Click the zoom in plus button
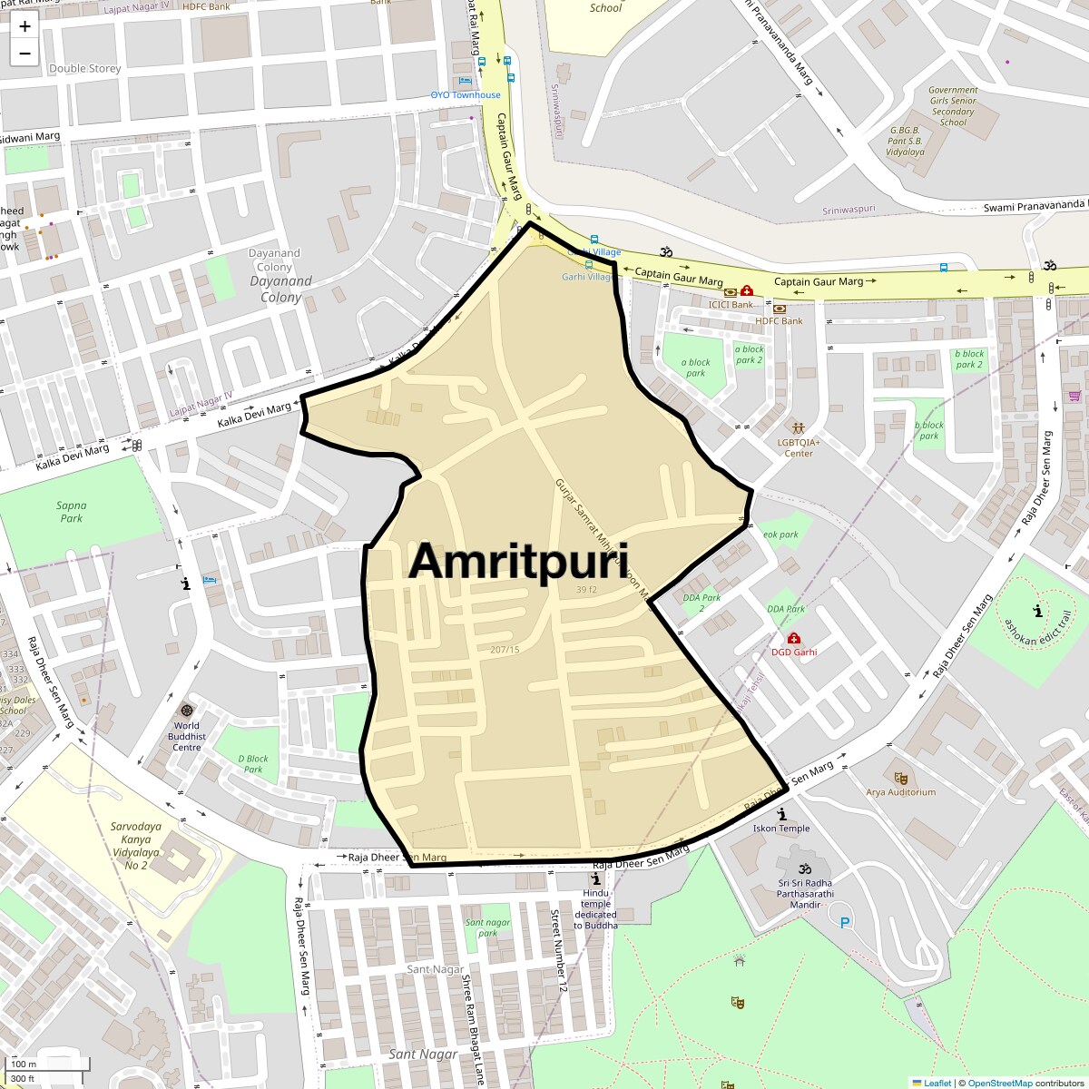[x=25, y=26]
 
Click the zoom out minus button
[x=25, y=54]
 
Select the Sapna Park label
[x=71, y=512]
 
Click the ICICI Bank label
[x=731, y=305]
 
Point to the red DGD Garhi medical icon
[x=794, y=639]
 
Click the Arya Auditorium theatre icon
[x=900, y=778]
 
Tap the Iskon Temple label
[x=781, y=828]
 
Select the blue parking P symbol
[x=845, y=923]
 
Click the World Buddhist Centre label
[x=186, y=736]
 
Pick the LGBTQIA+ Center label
[x=799, y=447]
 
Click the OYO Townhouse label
[x=466, y=94]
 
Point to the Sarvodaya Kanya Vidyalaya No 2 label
[x=136, y=846]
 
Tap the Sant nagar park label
[x=488, y=927]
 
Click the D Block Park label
[x=253, y=764]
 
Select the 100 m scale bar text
[x=25, y=1064]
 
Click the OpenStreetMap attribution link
[x=999, y=1083]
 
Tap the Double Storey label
[x=85, y=68]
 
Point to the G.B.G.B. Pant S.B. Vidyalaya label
[x=905, y=141]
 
